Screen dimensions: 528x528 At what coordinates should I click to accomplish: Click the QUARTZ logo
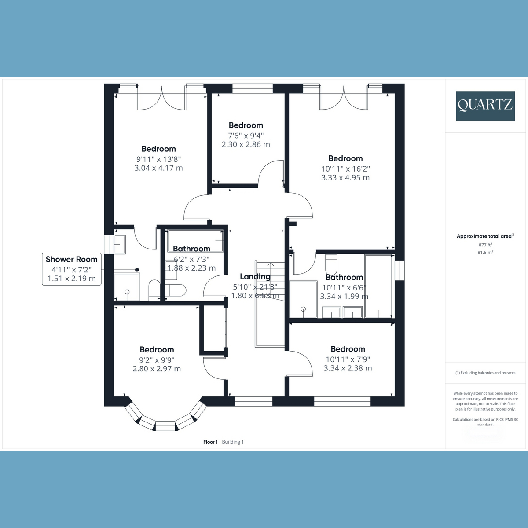(485, 106)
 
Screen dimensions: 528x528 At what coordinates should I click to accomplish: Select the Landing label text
(255, 277)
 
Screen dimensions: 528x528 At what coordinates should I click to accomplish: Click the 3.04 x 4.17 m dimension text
(158, 168)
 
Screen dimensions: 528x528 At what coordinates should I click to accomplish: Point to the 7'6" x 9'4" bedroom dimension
(246, 135)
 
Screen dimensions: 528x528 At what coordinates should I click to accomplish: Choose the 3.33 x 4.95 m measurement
(345, 178)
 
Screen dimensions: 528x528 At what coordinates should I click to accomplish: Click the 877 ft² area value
(485, 245)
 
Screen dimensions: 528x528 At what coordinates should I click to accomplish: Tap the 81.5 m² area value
(485, 253)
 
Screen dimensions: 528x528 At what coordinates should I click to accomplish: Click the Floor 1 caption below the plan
(210, 442)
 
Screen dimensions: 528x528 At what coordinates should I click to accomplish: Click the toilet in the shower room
(154, 290)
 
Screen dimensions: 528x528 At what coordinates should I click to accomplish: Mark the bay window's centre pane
(165, 425)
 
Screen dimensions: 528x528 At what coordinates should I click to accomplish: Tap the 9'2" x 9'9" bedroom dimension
(157, 359)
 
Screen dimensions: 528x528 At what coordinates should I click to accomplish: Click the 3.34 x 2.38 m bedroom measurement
(348, 368)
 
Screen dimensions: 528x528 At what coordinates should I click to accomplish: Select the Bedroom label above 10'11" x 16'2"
(345, 158)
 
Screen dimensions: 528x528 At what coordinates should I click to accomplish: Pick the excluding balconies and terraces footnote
(485, 373)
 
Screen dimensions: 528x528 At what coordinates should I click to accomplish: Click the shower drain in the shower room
(127, 292)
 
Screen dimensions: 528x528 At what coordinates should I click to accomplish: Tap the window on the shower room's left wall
(106, 245)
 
